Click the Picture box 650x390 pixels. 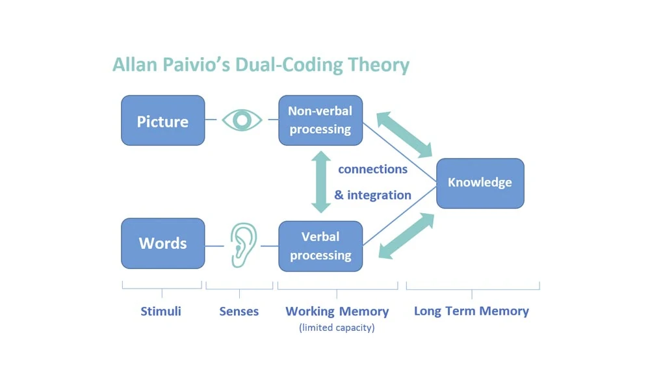pyautogui.click(x=162, y=121)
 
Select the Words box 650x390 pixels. pyautogui.click(x=162, y=243)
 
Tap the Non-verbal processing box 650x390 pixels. pyautogui.click(x=320, y=120)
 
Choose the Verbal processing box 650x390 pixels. pyautogui.click(x=320, y=246)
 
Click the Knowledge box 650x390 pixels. pyautogui.click(x=480, y=183)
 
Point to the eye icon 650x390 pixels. pyautogui.click(x=242, y=120)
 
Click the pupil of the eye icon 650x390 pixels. pyautogui.click(x=242, y=120)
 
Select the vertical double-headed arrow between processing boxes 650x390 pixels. pyautogui.click(x=320, y=181)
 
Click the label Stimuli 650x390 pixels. pyautogui.click(x=161, y=311)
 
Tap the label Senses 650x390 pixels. pyautogui.click(x=239, y=311)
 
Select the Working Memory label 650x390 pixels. pyautogui.click(x=337, y=311)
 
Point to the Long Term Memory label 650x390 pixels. pyautogui.click(x=471, y=311)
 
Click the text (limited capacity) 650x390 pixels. pyautogui.click(x=337, y=328)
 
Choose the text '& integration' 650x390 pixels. pyautogui.click(x=372, y=195)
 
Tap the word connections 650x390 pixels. pyautogui.click(x=372, y=169)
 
